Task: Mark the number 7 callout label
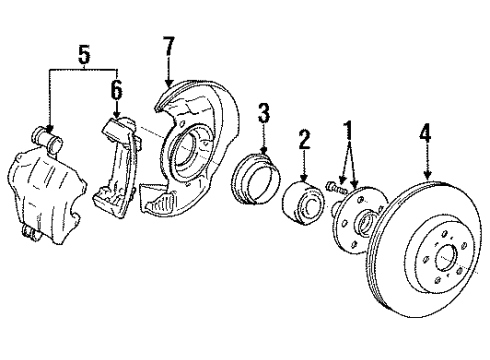169,45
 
